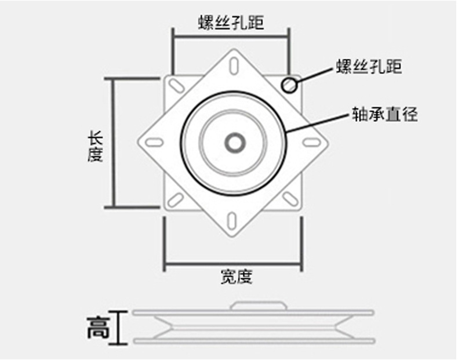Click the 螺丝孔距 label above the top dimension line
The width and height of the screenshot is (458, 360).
click(231, 23)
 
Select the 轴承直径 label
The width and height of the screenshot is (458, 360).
click(384, 114)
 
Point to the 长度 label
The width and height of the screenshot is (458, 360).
click(95, 147)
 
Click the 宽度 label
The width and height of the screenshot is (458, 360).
click(237, 277)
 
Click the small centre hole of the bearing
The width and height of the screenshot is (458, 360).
click(234, 142)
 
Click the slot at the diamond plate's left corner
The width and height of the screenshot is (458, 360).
click(154, 142)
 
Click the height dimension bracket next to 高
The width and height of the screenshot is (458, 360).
click(120, 328)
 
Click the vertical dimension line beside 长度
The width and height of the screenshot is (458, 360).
click(113, 142)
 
